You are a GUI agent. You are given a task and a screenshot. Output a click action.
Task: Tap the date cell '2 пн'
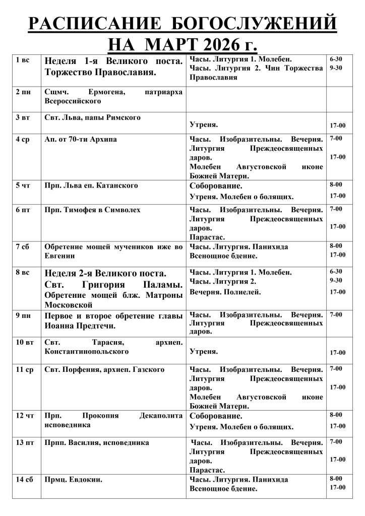pyautogui.click(x=23, y=93)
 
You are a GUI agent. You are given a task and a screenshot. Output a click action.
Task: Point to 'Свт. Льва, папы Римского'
pyautogui.click(x=92, y=117)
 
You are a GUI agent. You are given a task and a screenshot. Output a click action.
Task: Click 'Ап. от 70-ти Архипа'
pyautogui.click(x=81, y=139)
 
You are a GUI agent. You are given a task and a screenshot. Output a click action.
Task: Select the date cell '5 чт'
pyautogui.click(x=23, y=185)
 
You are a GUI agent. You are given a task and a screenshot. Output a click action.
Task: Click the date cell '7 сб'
pyautogui.click(x=23, y=246)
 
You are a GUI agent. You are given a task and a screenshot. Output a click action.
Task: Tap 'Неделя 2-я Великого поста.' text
pyautogui.click(x=105, y=274)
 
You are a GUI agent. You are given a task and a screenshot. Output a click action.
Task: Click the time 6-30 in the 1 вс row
pyautogui.click(x=336, y=59)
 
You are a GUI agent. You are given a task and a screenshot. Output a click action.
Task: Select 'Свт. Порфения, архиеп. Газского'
pyautogui.click(x=104, y=370)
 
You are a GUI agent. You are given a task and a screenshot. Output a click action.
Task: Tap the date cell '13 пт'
pyautogui.click(x=25, y=443)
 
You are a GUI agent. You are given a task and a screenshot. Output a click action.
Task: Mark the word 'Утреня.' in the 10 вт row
pyautogui.click(x=204, y=351)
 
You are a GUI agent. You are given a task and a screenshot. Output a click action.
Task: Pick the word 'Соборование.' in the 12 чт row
pyautogui.click(x=216, y=416)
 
